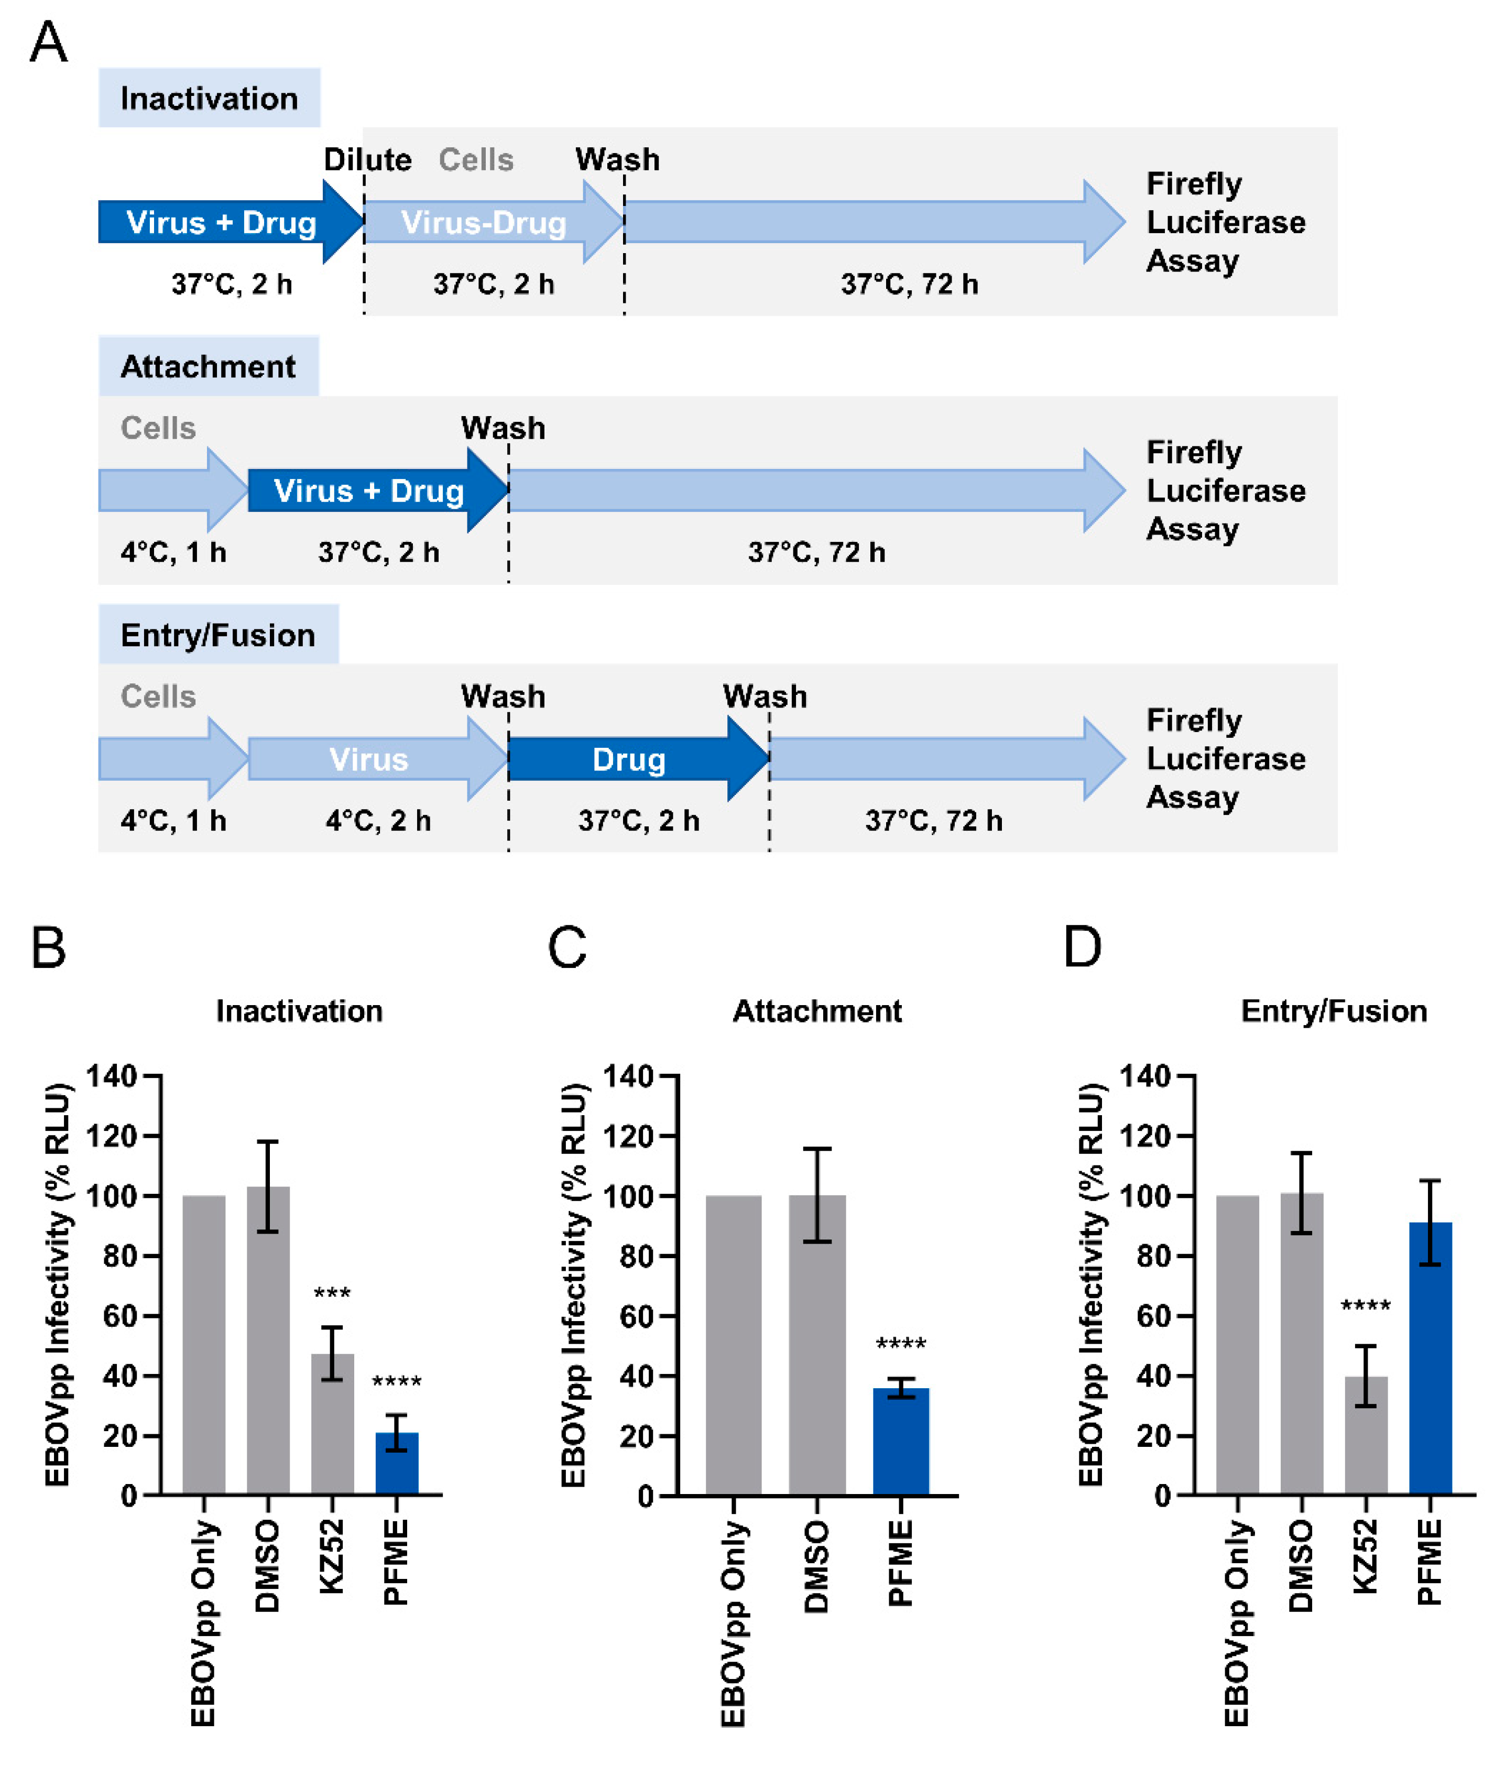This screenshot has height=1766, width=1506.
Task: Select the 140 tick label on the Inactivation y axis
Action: point(112,1076)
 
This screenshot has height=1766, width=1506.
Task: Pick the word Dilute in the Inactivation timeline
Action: point(367,159)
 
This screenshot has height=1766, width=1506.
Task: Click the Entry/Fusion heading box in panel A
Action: point(218,635)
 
